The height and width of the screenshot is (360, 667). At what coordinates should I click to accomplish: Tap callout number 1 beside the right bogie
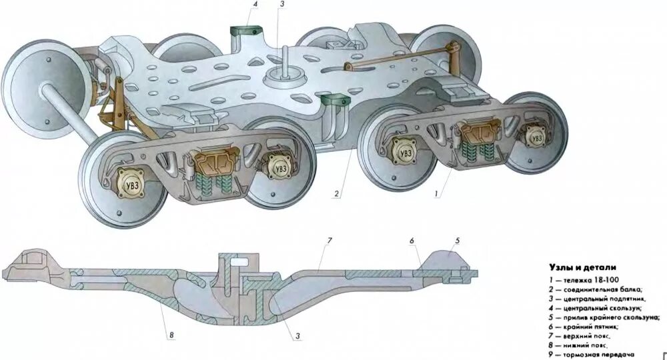coord(436,193)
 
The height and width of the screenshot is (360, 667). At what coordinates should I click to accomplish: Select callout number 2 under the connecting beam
coord(338,195)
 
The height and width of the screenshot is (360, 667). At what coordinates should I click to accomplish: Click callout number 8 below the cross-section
coord(171,335)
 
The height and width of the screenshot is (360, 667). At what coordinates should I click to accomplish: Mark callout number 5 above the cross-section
coord(458,240)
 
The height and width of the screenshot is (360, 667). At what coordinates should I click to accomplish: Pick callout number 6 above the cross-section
coord(412,240)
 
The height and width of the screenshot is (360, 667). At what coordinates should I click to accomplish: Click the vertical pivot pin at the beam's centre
coord(283,60)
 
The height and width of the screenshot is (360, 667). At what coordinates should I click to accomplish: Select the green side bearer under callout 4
coord(244,31)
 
